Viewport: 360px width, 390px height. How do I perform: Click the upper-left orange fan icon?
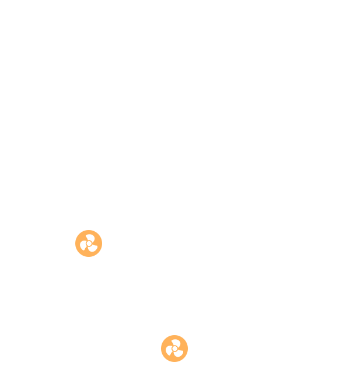[89, 243]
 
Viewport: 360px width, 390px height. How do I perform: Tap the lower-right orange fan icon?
[174, 349]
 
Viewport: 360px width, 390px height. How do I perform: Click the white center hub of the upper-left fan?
[89, 243]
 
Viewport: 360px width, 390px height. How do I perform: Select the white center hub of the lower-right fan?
[174, 349]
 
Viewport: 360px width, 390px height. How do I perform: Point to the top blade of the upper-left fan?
[90, 237]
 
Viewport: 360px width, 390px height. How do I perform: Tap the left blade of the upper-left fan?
[83, 246]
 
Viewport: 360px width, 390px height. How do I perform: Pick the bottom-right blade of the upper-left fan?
[93, 248]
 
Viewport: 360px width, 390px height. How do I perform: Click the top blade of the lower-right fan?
[176, 342]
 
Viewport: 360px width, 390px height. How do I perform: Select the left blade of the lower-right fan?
[169, 351]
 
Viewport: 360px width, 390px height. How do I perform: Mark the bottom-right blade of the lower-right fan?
[179, 353]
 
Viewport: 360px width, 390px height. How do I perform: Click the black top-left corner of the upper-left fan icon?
[76, 231]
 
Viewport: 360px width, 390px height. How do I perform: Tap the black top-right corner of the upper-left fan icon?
[101, 231]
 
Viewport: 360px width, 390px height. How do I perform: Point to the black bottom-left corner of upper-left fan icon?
[76, 256]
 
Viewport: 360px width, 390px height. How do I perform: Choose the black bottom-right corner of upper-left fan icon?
[101, 256]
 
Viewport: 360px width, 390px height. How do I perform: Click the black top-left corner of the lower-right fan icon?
[162, 336]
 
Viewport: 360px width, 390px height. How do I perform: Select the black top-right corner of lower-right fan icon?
[187, 336]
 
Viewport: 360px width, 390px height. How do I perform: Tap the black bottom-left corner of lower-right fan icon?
[162, 361]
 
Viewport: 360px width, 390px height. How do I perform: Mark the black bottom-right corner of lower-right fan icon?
[187, 361]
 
